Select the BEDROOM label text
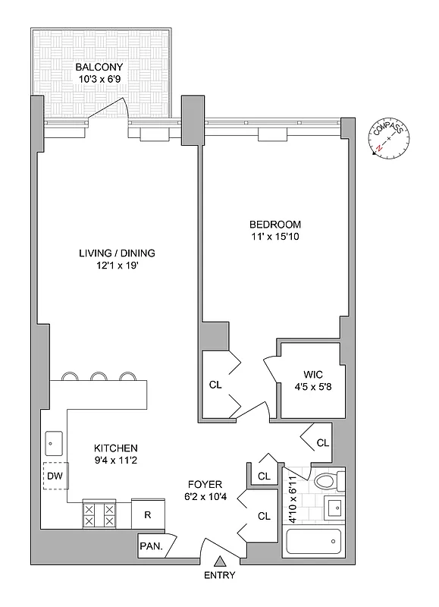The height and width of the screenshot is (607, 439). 275,225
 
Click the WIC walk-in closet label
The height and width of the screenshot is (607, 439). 313,374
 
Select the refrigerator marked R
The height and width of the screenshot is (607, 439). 148,514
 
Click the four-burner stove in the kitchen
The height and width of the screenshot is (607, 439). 99,516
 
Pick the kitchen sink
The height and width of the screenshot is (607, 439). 55,441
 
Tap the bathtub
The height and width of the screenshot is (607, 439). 314,543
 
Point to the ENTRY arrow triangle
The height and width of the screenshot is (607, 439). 221,562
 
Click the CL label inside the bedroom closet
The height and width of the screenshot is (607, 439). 215,385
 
